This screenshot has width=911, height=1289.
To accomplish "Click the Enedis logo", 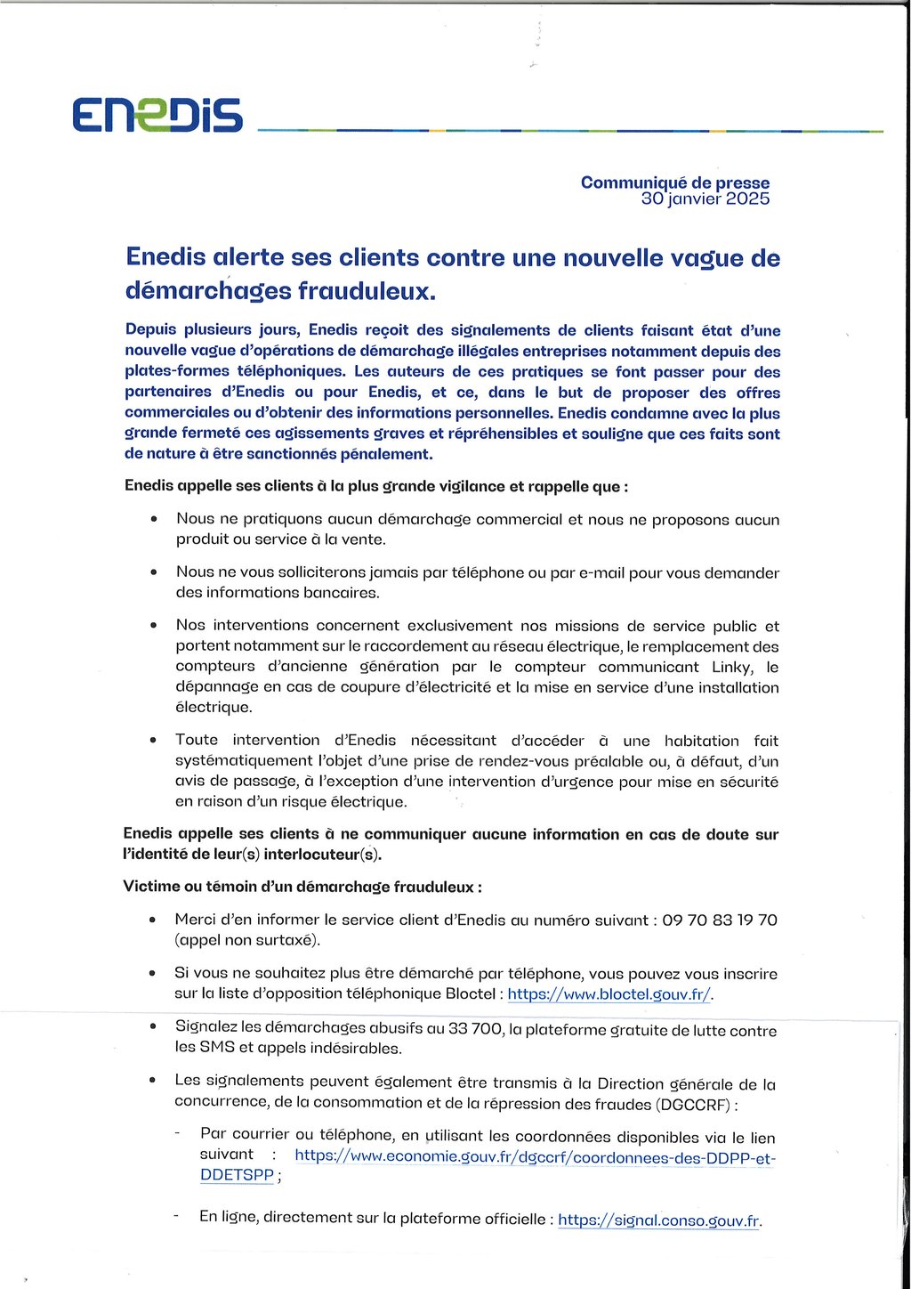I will [x=157, y=116].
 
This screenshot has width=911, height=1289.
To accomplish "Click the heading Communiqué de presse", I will [x=674, y=182].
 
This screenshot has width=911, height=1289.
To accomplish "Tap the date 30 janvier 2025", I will [x=705, y=199].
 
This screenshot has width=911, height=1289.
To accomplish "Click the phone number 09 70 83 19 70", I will [x=719, y=920].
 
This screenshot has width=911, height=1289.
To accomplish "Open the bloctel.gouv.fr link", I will [x=609, y=994].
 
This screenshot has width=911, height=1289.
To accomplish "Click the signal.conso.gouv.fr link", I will [x=658, y=1220].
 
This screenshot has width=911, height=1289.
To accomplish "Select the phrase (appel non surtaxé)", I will [x=247, y=940].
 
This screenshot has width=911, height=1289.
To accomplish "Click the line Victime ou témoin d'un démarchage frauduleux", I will [x=302, y=888].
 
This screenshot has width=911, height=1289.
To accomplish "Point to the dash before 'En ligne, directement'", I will [x=176, y=1217].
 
